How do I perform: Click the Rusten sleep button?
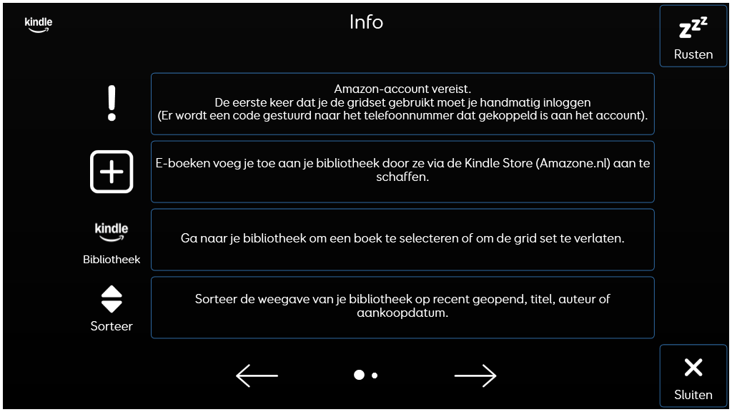pyautogui.click(x=693, y=36)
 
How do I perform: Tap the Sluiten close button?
pyautogui.click(x=693, y=377)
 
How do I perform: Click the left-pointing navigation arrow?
pyautogui.click(x=257, y=376)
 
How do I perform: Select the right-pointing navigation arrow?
pyautogui.click(x=475, y=376)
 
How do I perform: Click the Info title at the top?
pyautogui.click(x=366, y=22)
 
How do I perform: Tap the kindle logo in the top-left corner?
pyautogui.click(x=39, y=25)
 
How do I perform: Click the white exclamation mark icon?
pyautogui.click(x=112, y=103)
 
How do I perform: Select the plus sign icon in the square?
pyautogui.click(x=112, y=172)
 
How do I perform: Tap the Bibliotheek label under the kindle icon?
pyautogui.click(x=112, y=260)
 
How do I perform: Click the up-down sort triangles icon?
pyautogui.click(x=112, y=299)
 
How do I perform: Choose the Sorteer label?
pyautogui.click(x=112, y=326)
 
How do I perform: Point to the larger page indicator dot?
pyautogui.click(x=359, y=375)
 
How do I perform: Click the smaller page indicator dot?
pyautogui.click(x=375, y=376)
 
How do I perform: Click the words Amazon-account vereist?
pyautogui.click(x=402, y=89)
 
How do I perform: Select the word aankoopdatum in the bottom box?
pyautogui.click(x=402, y=313)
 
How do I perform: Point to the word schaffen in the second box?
pyautogui.click(x=402, y=177)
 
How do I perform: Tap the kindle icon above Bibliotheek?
pyautogui.click(x=112, y=231)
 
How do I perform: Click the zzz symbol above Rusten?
pyautogui.click(x=693, y=28)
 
